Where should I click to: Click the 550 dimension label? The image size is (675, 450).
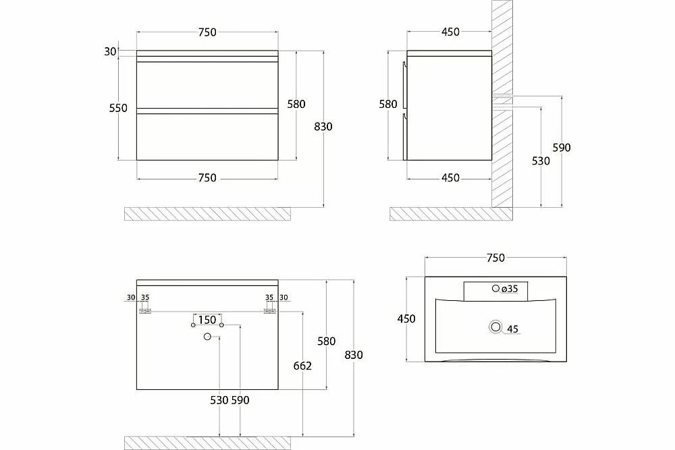[118, 108]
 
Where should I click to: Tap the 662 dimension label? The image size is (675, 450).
[302, 366]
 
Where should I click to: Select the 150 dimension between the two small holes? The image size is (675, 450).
[207, 320]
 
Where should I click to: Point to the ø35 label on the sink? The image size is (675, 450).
[510, 289]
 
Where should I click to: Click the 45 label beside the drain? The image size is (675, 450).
[512, 329]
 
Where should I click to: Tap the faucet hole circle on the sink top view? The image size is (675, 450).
[495, 288]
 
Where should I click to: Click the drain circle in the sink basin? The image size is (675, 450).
[495, 327]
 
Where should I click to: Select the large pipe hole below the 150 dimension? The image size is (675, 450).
[207, 337]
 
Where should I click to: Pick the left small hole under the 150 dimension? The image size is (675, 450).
[193, 325]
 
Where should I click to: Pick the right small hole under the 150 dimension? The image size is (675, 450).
[221, 325]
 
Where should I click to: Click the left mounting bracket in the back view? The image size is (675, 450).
[145, 311]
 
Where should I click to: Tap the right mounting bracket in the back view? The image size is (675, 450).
[270, 311]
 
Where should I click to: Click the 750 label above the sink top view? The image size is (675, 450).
[495, 258]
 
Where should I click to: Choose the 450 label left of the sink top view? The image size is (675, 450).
[406, 319]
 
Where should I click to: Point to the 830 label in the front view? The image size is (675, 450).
[323, 126]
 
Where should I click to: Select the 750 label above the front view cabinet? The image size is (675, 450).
[207, 32]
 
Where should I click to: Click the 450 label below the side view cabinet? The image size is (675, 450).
[450, 177]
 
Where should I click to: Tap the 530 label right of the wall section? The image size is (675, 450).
[541, 161]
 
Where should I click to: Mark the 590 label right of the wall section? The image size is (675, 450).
[562, 148]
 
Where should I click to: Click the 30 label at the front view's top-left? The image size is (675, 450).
[110, 52]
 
